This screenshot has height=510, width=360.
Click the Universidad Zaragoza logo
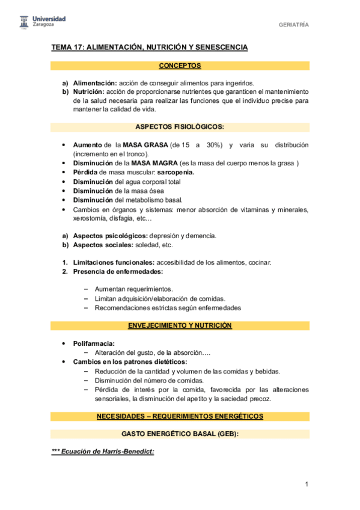click(41, 23)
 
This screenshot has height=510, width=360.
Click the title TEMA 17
click(150, 48)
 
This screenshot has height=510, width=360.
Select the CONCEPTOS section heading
click(180, 66)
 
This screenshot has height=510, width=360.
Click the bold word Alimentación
click(95, 83)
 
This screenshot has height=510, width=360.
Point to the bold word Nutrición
click(89, 92)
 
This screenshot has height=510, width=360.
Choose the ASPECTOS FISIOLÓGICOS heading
click(180, 127)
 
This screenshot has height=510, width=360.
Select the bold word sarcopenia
click(177, 173)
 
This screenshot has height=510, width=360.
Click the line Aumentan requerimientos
click(133, 289)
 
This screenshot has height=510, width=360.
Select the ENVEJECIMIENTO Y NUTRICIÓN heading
click(180, 325)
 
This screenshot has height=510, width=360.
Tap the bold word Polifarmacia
click(94, 343)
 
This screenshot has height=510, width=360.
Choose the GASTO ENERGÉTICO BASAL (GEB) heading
click(180, 434)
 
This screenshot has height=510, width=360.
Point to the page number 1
click(307, 485)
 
